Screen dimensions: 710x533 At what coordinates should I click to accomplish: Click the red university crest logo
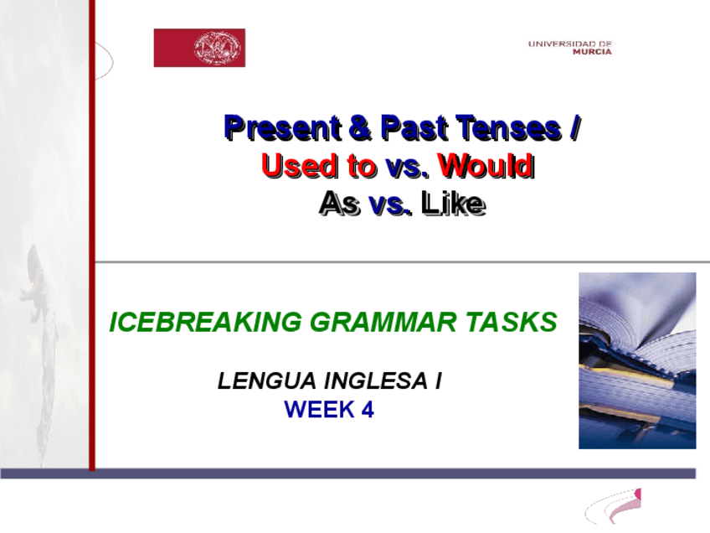[x=199, y=48]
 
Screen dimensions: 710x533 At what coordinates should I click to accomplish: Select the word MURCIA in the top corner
[x=592, y=52]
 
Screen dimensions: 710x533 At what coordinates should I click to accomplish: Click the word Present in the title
[x=283, y=127]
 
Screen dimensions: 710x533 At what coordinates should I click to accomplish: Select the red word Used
[x=300, y=165]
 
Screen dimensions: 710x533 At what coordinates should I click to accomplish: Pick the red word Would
[x=486, y=165]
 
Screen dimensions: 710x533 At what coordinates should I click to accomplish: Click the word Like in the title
[x=453, y=203]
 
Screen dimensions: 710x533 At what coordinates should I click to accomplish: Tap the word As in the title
[x=340, y=203]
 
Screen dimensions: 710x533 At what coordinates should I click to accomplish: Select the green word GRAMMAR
[x=383, y=322]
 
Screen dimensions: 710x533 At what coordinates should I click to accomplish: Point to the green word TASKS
[x=512, y=322]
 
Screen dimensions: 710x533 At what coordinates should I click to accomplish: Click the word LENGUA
[x=267, y=380]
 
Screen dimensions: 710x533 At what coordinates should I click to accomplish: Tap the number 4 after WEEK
[x=368, y=410]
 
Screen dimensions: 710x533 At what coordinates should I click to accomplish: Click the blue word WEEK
[x=319, y=410]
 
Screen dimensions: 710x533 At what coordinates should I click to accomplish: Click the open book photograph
[x=637, y=360]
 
